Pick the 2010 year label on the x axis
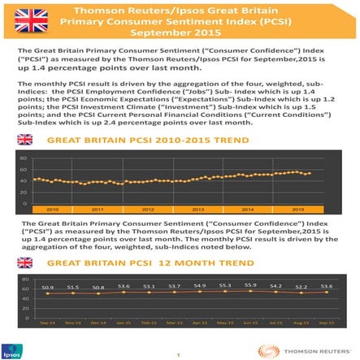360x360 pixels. pos(51,210)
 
